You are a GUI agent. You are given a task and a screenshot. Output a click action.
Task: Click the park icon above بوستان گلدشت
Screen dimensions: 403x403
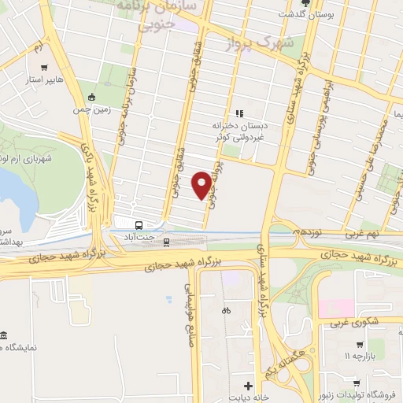305,3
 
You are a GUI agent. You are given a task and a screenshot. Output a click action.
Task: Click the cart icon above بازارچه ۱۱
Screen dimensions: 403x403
358,344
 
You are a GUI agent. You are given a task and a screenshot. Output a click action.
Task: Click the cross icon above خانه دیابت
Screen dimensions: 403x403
250,385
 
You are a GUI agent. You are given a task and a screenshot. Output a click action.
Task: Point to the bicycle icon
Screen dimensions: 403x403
226,309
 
